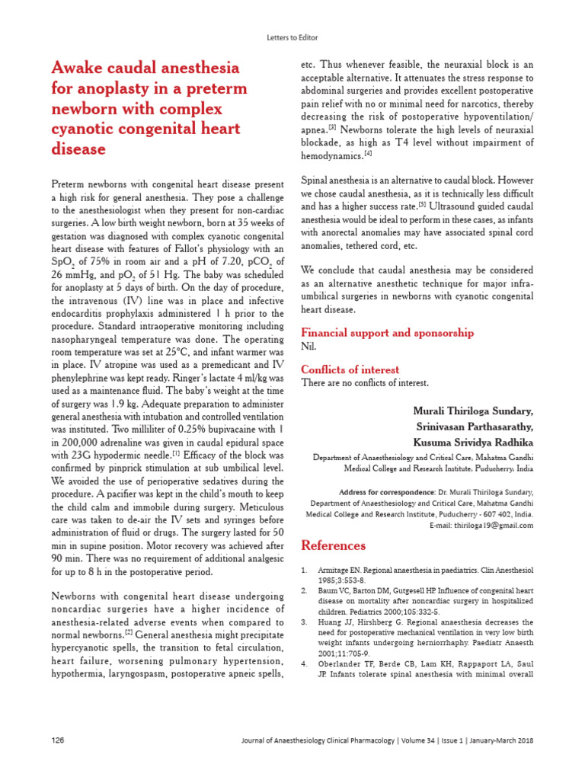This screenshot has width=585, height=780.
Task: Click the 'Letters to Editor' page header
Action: coord(292,37)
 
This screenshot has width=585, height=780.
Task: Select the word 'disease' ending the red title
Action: coord(78,149)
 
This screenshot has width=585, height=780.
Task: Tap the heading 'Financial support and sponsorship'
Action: coord(388,332)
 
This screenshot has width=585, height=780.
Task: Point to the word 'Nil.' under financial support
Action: coord(309,347)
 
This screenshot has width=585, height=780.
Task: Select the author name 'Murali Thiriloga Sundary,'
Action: coord(473,411)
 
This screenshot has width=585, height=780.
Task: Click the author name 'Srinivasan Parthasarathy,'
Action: coord(473,427)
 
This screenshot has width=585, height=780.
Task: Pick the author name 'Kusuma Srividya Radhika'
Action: coord(473,443)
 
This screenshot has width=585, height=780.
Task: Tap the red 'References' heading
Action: coord(334,545)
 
